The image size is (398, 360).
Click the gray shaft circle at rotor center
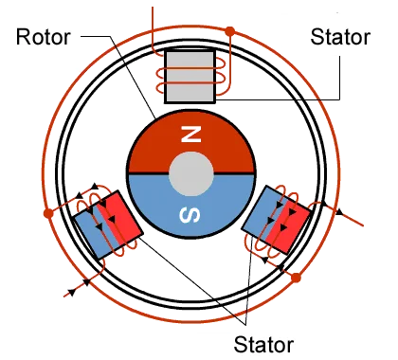191,175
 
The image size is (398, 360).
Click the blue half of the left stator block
95,231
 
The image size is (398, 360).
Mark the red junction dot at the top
230,32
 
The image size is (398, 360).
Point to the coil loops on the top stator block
220,77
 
